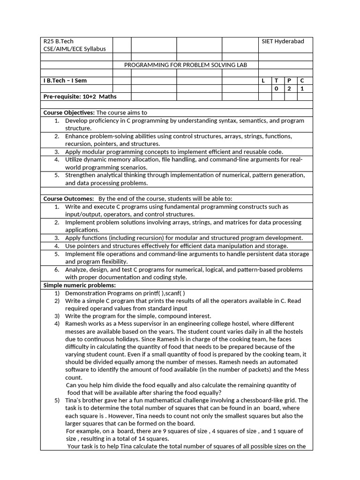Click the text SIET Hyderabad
click(x=283, y=41)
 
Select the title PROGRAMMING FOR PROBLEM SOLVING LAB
click(x=185, y=65)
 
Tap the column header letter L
click(x=263, y=81)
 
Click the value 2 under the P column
click(x=289, y=89)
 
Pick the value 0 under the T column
click(x=276, y=89)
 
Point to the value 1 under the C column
click(x=302, y=89)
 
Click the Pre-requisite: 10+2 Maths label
click(x=80, y=97)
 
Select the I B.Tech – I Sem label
click(x=65, y=81)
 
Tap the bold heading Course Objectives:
click(x=69, y=112)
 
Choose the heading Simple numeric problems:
click(x=79, y=285)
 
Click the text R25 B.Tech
click(x=59, y=41)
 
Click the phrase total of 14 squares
click(x=143, y=439)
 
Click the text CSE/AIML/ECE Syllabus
click(x=75, y=49)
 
